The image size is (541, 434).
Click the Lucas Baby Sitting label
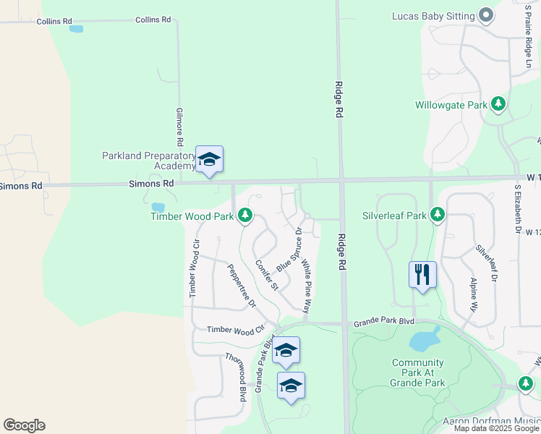[x=433, y=15]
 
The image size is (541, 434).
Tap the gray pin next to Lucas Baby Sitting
[x=486, y=15]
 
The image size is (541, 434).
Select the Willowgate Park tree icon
[x=498, y=105]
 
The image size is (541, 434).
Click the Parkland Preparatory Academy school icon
[x=209, y=160]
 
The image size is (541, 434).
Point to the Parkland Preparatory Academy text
[x=149, y=160]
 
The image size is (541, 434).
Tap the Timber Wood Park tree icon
[x=246, y=216]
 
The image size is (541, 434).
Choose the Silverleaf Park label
[x=394, y=216]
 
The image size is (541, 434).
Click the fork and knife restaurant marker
[x=422, y=275]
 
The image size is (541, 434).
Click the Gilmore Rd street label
[x=179, y=127]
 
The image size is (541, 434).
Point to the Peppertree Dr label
[x=242, y=286]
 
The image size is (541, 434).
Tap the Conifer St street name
[x=265, y=275]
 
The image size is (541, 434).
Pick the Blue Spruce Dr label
[x=289, y=250]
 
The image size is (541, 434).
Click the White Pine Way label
[x=307, y=288]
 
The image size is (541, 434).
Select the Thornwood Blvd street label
[x=237, y=376]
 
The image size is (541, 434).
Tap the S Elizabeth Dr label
[x=518, y=208]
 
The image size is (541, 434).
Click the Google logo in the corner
[x=25, y=425]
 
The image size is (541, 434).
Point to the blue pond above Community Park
[x=425, y=339]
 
